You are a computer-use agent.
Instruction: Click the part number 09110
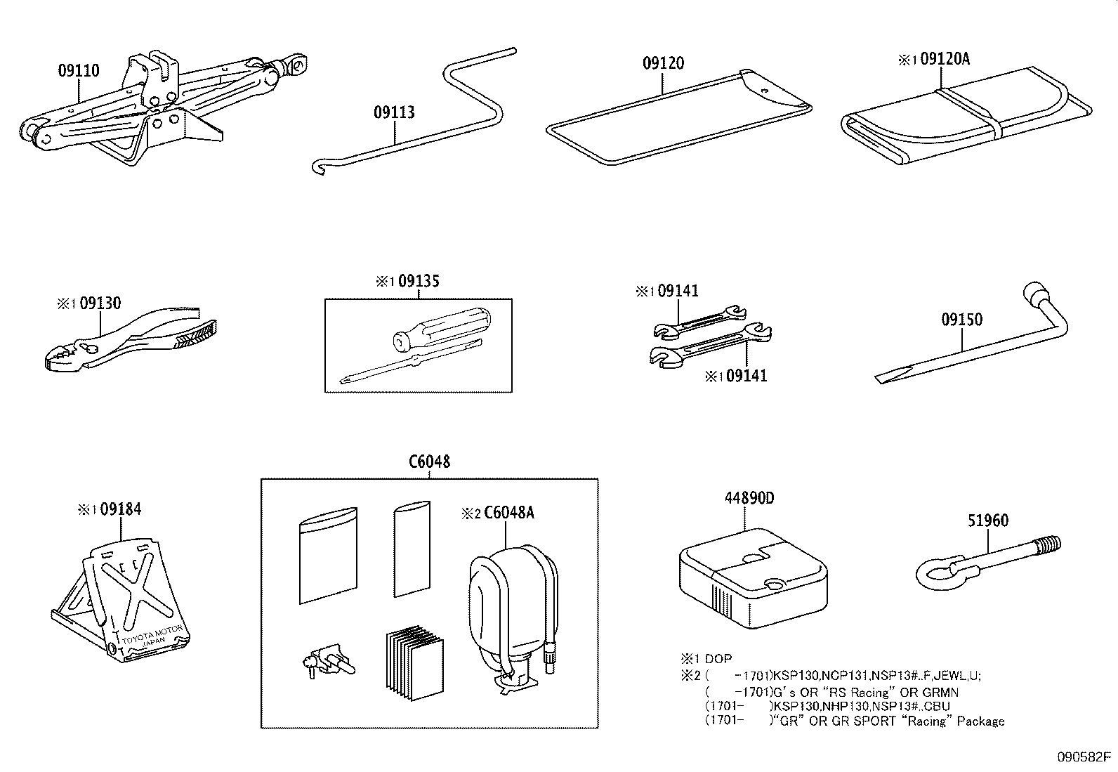79,71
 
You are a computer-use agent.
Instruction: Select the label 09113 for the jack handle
394,112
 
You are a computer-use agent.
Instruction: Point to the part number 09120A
944,60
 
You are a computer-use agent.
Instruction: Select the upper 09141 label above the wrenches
676,291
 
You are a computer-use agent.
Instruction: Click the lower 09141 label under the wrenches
746,376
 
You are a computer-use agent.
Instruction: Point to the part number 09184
120,509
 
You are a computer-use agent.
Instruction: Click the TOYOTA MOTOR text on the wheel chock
153,634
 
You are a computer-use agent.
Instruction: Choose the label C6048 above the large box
429,462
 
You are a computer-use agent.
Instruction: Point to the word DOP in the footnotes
718,659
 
